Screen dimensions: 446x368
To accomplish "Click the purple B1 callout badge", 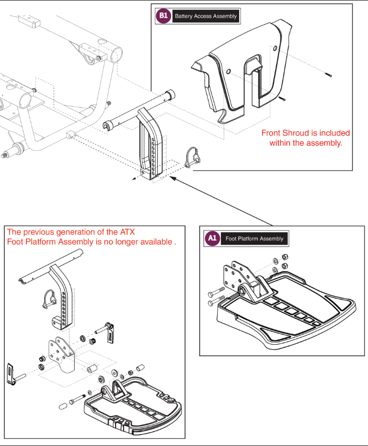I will click(x=163, y=16).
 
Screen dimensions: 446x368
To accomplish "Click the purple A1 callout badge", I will click(x=211, y=238).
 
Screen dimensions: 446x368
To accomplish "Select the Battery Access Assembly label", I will click(x=206, y=16).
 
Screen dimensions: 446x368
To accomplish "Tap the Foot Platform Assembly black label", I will click(x=254, y=238).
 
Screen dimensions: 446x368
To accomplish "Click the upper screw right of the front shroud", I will click(x=329, y=75).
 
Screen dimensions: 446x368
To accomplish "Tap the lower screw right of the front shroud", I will click(x=282, y=99).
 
